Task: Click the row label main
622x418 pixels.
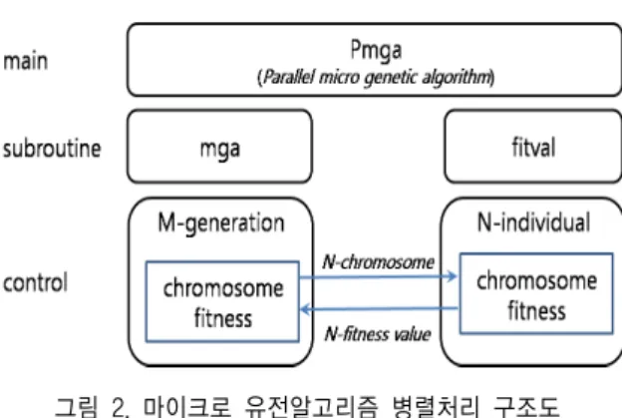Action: [25, 62]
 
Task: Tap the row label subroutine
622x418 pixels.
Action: [52, 149]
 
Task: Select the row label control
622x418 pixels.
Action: [35, 282]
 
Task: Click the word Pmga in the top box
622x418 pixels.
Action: [376, 51]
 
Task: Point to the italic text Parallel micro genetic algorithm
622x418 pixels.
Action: [376, 77]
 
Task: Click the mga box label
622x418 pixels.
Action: [220, 150]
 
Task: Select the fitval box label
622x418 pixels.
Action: [533, 147]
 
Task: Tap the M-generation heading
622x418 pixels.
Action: [221, 223]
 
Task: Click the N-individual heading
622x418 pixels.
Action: [534, 221]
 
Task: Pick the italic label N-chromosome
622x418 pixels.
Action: [379, 262]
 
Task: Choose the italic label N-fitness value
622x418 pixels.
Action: [378, 334]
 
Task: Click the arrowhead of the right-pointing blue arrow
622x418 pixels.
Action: [452, 276]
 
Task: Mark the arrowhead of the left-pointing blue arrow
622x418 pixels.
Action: [306, 309]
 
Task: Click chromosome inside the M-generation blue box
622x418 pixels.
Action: [223, 288]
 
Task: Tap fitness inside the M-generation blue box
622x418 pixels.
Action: [223, 318]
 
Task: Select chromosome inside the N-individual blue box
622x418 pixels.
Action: [536, 281]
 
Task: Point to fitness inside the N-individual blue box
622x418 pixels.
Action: [536, 310]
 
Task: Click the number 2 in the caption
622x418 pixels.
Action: [120, 407]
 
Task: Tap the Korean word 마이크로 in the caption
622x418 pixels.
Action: [186, 406]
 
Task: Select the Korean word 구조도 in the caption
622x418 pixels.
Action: [526, 406]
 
